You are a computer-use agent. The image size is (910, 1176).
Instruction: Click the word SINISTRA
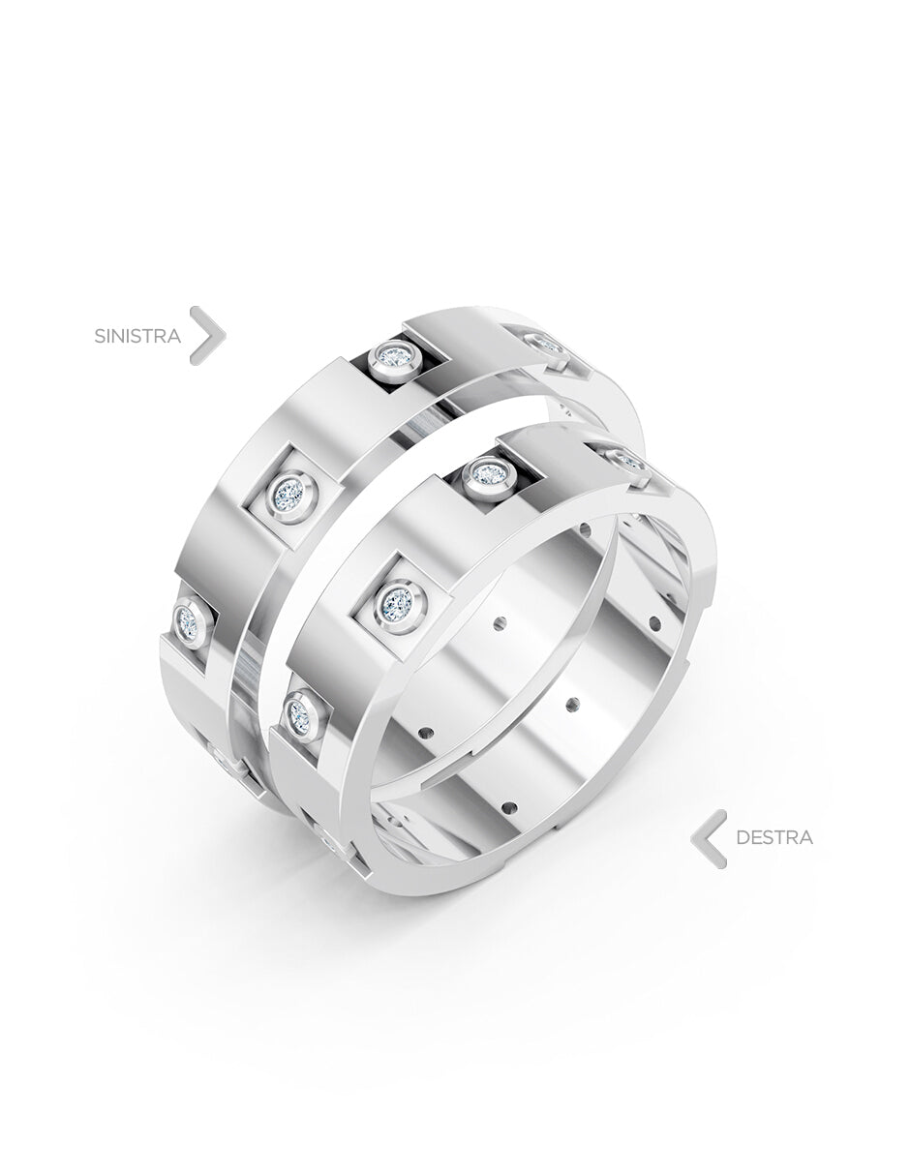point(137,336)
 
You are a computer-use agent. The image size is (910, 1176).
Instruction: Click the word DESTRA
point(774,837)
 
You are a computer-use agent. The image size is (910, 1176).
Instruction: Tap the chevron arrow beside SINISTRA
point(208,335)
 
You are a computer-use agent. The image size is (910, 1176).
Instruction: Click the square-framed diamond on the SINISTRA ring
point(292,492)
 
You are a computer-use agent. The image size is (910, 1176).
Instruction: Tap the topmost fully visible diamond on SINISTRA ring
point(394,356)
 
